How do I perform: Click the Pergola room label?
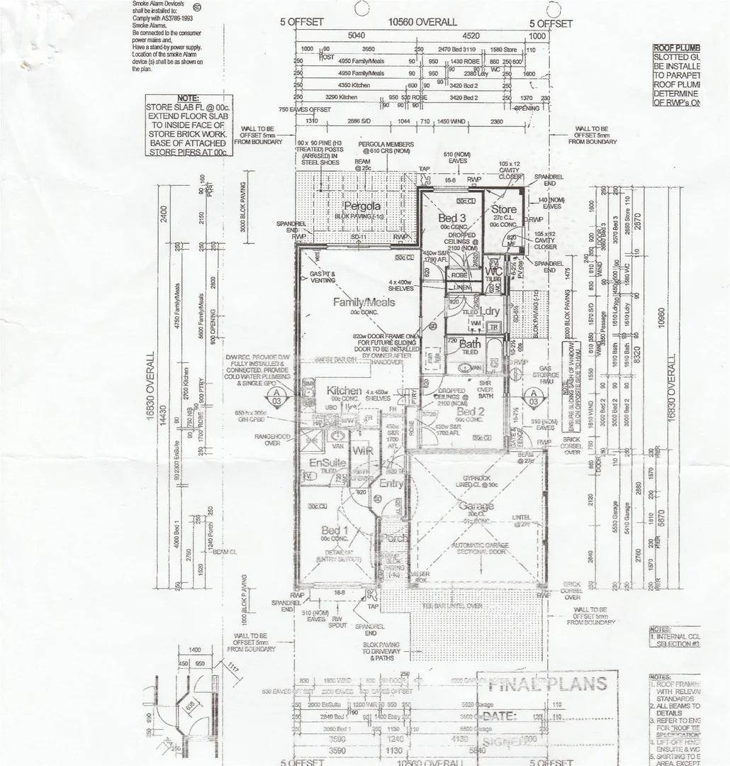pyautogui.click(x=362, y=206)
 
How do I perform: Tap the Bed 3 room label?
pyautogui.click(x=451, y=218)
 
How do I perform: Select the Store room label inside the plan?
pyautogui.click(x=504, y=209)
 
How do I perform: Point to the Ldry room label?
pyautogui.click(x=490, y=311)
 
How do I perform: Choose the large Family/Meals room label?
pyautogui.click(x=364, y=302)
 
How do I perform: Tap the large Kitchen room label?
pyautogui.click(x=344, y=391)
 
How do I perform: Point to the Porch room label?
pyautogui.click(x=394, y=538)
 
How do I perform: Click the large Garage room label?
pyautogui.click(x=476, y=506)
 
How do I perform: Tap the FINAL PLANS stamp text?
pyautogui.click(x=547, y=684)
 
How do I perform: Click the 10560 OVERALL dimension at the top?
pyautogui.click(x=422, y=22)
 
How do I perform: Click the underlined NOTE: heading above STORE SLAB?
pyautogui.click(x=188, y=98)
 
